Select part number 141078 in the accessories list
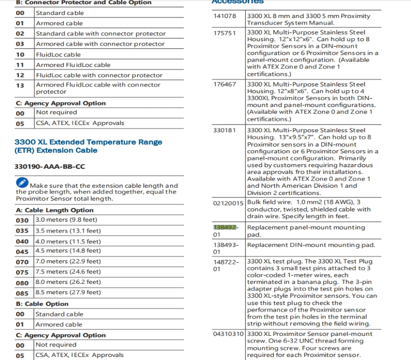coord(225,16)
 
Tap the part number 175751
coord(225,33)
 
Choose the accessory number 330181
coord(225,130)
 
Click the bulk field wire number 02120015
coord(228,203)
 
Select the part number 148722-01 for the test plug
coord(226,265)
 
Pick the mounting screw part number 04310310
coord(228,334)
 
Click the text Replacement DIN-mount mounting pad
coord(311,245)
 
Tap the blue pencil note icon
coord(22,182)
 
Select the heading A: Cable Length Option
coord(54,210)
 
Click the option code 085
coord(22,293)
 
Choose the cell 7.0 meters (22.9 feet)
coord(68,261)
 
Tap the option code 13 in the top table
coord(20,85)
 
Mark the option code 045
coord(22,251)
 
